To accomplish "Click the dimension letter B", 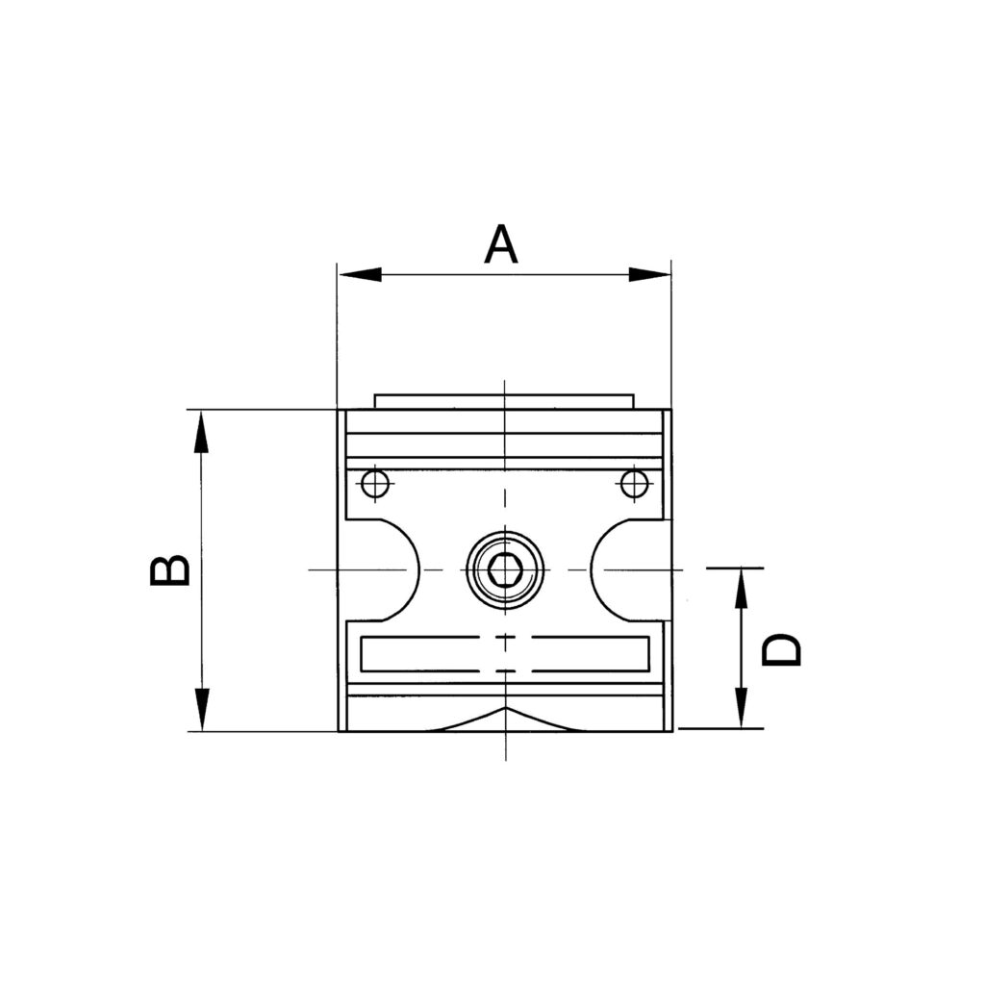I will click(x=170, y=569).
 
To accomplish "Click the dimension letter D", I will click(x=781, y=650).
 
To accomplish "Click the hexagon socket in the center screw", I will click(x=505, y=570).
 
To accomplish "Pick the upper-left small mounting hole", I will click(x=374, y=483).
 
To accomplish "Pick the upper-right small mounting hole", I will click(x=634, y=483).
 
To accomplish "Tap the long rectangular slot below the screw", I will click(x=505, y=654).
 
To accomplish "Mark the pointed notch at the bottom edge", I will click(x=506, y=714).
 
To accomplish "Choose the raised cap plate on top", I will click(x=504, y=400).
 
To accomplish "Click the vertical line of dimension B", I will click(x=200, y=570).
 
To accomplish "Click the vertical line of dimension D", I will click(x=741, y=649).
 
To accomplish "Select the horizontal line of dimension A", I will click(x=504, y=275).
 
